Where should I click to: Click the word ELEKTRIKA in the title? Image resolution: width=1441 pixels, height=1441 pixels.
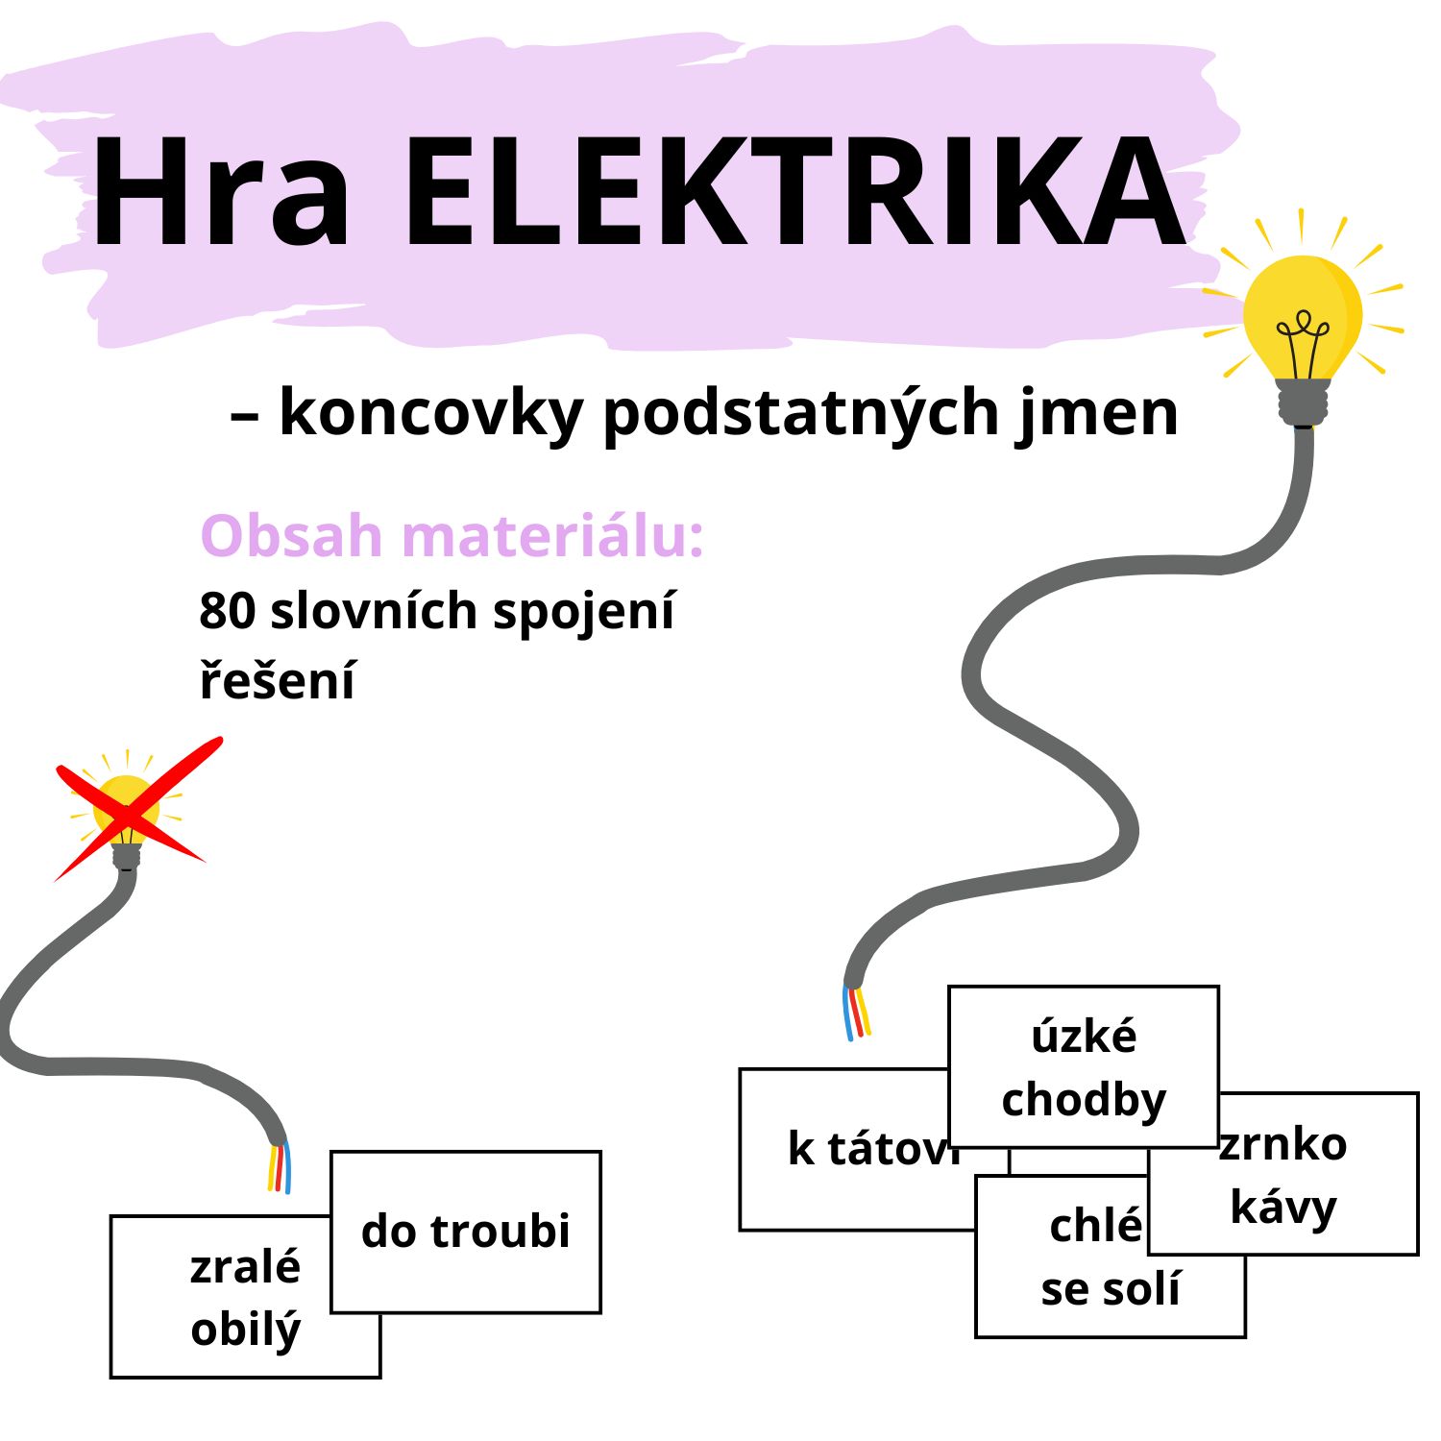pyautogui.click(x=794, y=192)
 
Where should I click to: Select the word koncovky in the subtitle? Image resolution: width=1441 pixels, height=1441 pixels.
pyautogui.click(x=430, y=413)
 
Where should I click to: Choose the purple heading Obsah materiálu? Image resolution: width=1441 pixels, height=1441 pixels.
pyautogui.click(x=452, y=535)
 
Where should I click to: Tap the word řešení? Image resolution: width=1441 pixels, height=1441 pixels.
pyautogui.click(x=277, y=680)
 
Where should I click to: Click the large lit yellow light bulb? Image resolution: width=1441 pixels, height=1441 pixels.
pyautogui.click(x=1302, y=317)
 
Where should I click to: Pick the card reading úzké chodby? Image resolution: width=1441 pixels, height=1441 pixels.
pyautogui.click(x=1083, y=1066)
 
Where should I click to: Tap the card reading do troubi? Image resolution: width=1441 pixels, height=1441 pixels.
pyautogui.click(x=466, y=1232)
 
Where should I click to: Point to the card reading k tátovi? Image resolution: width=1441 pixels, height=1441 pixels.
pyautogui.click(x=845, y=1149)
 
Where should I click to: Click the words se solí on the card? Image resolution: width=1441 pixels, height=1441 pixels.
pyautogui.click(x=1110, y=1290)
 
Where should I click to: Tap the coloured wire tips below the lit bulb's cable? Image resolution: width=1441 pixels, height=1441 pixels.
pyautogui.click(x=857, y=1014)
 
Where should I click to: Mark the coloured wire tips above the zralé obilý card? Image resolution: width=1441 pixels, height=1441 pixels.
pyautogui.click(x=279, y=1167)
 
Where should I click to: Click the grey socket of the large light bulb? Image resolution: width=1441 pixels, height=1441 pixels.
pyautogui.click(x=1303, y=402)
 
